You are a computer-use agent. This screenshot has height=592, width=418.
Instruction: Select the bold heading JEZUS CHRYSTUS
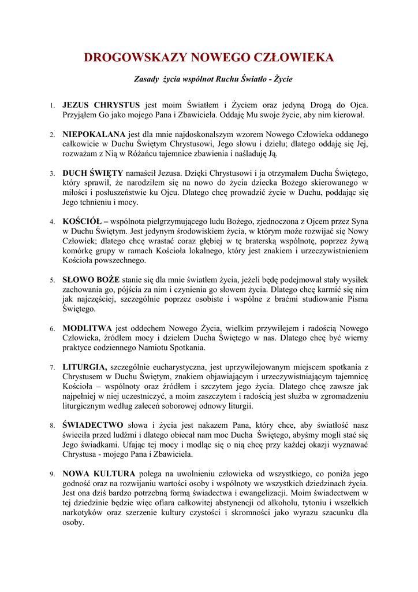(101, 105)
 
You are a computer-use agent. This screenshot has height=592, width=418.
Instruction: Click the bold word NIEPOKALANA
(94, 134)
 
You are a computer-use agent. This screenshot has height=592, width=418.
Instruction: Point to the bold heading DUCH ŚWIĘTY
(93, 173)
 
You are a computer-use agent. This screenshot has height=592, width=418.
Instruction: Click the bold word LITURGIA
(84, 367)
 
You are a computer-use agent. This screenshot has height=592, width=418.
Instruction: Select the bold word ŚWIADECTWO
(93, 425)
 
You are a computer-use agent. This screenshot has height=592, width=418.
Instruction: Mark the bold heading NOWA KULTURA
(99, 473)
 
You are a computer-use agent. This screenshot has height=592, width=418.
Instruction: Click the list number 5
(52, 280)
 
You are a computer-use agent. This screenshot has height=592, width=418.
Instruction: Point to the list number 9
(52, 474)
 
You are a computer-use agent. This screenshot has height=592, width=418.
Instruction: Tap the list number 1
(52, 105)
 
